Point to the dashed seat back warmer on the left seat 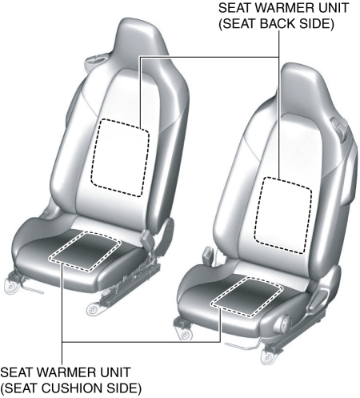[120, 158]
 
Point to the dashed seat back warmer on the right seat [283, 215]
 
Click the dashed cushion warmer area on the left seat [85, 251]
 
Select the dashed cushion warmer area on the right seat [246, 297]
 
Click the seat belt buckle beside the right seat [208, 255]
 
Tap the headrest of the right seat [302, 86]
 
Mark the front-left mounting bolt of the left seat [10, 287]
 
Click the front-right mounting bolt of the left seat [93, 310]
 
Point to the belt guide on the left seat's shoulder [94, 59]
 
